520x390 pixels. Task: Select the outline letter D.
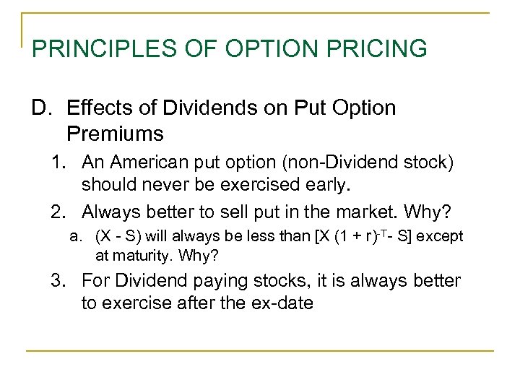coord(40,108)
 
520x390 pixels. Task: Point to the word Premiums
coord(115,134)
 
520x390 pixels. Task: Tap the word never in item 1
coord(158,185)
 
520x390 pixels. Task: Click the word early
coord(324,185)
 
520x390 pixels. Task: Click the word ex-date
coord(277,303)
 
